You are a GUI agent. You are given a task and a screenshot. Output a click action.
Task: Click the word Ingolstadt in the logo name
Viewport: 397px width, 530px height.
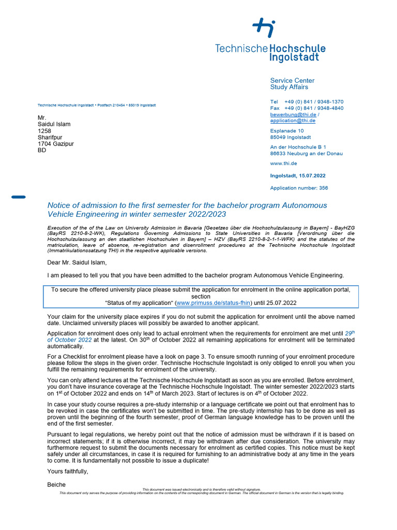(x=294, y=57)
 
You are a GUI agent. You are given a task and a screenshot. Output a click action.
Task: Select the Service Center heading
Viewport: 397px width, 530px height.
(x=292, y=80)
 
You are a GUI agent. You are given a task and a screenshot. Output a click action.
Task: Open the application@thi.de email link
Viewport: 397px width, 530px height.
(x=293, y=121)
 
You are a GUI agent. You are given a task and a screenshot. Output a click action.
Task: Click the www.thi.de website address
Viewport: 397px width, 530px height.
(x=283, y=163)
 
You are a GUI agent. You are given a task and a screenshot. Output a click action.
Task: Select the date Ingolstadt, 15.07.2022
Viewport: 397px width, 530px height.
(x=298, y=176)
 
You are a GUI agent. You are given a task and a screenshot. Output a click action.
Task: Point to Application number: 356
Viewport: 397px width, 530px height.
(x=299, y=188)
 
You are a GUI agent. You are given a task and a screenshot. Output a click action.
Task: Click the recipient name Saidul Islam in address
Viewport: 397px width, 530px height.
(x=54, y=124)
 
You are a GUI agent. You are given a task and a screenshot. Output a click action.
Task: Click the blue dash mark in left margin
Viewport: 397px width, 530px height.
(x=18, y=197)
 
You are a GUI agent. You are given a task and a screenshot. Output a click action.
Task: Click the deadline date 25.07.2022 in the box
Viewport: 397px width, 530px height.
(x=281, y=303)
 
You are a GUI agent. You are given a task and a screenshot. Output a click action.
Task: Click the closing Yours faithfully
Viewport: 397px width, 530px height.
(x=68, y=471)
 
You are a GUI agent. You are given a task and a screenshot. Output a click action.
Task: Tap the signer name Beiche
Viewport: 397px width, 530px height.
(x=56, y=484)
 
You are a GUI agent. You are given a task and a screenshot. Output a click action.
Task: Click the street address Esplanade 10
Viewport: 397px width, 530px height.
(x=287, y=131)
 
